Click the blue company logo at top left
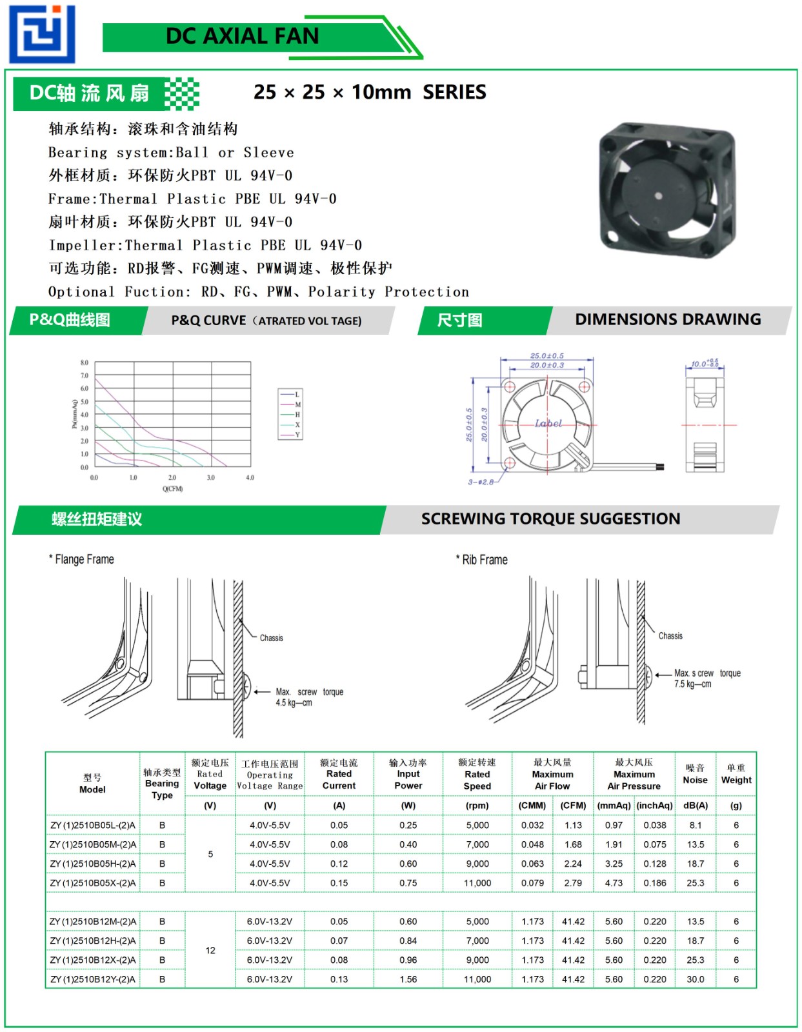(x=42, y=34)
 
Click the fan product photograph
(x=667, y=190)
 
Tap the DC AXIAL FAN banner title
(x=242, y=36)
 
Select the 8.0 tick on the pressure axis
(x=85, y=362)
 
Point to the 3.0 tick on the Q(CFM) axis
(x=211, y=478)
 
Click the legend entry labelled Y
(x=297, y=435)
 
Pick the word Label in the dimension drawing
(x=548, y=423)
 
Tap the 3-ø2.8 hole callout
(x=481, y=481)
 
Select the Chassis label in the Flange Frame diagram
(x=271, y=638)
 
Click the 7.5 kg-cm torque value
(x=692, y=684)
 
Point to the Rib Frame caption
(x=485, y=560)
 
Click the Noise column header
(x=695, y=774)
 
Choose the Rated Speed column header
(x=477, y=774)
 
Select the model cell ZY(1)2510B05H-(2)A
(x=93, y=864)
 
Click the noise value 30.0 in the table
(x=695, y=979)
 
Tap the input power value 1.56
(x=408, y=979)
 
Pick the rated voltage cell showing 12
(x=210, y=950)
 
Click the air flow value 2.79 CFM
(x=573, y=883)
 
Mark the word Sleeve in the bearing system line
(x=268, y=153)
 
